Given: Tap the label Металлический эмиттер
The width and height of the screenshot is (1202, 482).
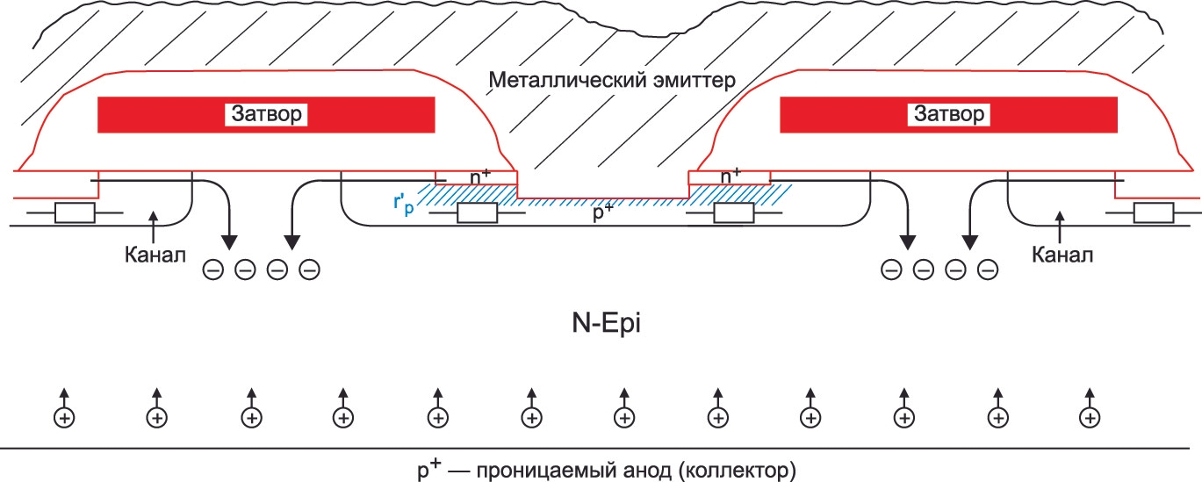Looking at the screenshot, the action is tap(612, 81).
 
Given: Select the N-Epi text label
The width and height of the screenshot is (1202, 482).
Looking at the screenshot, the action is tap(607, 323).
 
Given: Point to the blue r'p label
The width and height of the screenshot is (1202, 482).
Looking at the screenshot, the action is tap(404, 204).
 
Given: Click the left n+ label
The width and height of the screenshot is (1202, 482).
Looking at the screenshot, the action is tap(479, 176).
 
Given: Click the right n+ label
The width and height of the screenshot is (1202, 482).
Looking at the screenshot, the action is tap(731, 176).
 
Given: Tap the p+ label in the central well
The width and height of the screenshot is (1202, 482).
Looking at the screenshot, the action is tap(603, 212).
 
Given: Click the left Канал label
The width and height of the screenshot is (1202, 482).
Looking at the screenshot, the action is tap(155, 255).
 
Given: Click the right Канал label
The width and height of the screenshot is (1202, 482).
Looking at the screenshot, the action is tap(1062, 255).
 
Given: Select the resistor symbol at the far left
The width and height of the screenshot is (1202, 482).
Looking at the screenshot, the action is tap(76, 213).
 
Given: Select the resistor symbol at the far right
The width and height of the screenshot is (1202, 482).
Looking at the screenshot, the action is tap(1154, 213).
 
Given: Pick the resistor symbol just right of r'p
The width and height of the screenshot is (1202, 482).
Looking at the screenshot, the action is tap(477, 213).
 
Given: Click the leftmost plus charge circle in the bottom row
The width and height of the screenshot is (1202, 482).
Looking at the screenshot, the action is tap(64, 418).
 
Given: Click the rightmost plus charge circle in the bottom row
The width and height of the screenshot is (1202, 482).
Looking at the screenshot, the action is tap(1090, 418).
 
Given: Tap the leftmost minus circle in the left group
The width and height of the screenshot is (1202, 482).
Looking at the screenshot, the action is tap(213, 270).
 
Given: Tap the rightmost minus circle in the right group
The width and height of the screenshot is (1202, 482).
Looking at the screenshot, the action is tap(988, 270).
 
